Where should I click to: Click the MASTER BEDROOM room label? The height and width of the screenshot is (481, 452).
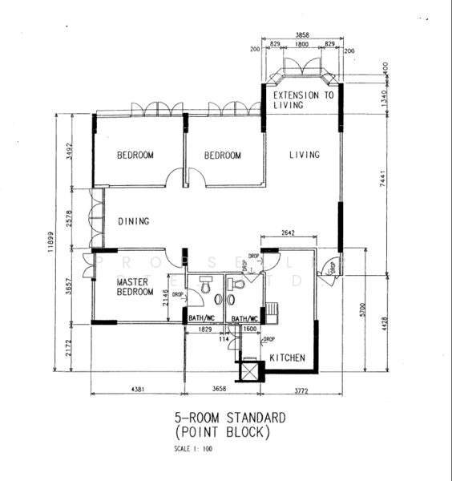coord(135,288)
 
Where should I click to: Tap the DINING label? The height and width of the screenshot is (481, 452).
coord(135,221)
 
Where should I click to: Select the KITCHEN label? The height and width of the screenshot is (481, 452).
coord(286,357)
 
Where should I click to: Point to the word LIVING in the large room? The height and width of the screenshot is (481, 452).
coord(305,155)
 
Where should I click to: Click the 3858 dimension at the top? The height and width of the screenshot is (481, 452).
coord(302,36)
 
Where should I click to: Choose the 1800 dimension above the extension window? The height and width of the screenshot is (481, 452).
coord(302,46)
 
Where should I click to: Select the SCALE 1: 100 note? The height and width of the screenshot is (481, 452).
coord(193,449)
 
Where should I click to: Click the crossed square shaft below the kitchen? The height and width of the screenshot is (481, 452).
coord(252,371)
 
